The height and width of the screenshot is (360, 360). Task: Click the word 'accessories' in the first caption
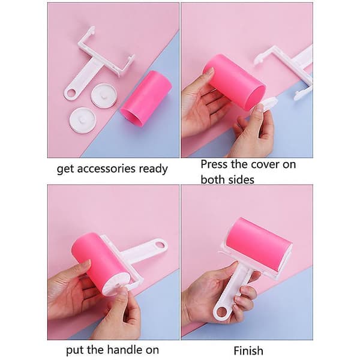(x=107, y=169)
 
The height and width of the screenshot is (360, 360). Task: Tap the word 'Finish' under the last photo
(x=248, y=350)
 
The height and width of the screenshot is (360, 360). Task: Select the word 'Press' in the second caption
(x=214, y=164)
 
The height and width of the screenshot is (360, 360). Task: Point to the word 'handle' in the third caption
(x=122, y=350)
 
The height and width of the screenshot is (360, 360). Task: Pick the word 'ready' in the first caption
(x=154, y=169)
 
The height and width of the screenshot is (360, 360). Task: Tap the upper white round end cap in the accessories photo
(x=104, y=95)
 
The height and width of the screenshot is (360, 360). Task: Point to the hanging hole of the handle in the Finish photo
(x=221, y=312)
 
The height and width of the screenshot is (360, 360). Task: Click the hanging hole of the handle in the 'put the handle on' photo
(x=160, y=245)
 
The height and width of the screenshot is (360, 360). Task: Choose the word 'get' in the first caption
(x=65, y=170)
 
